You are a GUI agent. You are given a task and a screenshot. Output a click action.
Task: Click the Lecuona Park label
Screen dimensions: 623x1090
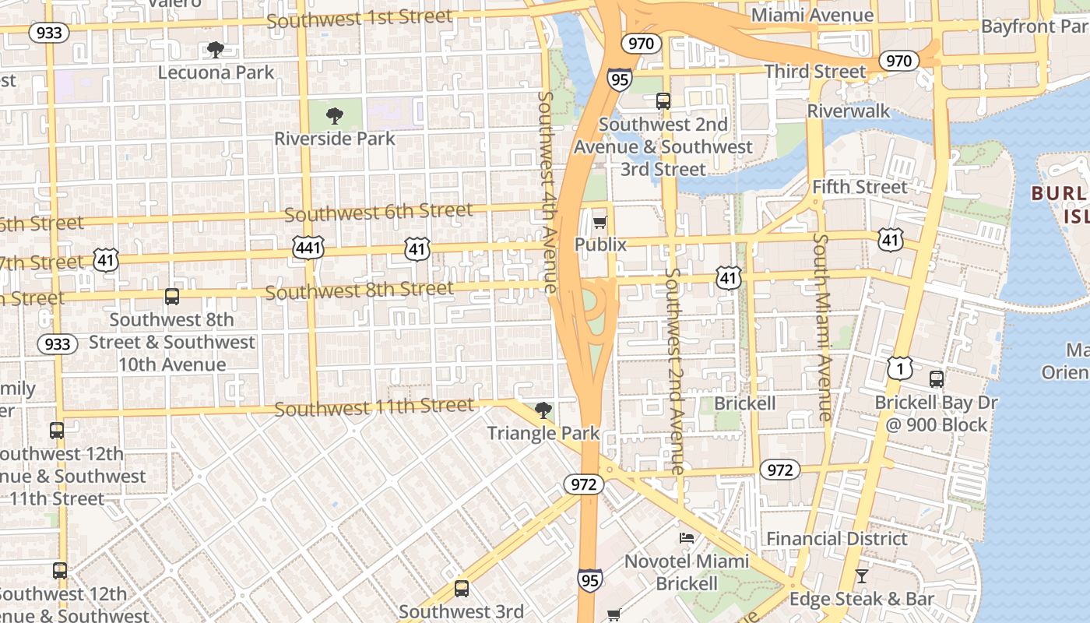[216, 72]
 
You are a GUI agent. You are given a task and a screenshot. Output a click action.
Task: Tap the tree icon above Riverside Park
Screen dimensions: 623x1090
[335, 116]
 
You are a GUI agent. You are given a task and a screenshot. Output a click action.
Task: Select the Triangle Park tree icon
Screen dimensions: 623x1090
[543, 410]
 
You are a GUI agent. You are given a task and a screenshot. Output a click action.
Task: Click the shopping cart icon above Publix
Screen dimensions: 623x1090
[599, 223]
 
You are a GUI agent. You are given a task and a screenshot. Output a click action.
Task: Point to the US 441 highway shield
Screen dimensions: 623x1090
[308, 248]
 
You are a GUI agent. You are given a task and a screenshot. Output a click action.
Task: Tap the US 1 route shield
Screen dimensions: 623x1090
[899, 368]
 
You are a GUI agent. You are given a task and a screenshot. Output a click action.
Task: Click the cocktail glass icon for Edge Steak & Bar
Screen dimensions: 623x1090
[861, 576]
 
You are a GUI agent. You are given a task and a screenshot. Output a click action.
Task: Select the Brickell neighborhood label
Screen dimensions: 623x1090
[745, 403]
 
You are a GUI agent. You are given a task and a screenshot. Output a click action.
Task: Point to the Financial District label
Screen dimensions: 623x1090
[837, 539]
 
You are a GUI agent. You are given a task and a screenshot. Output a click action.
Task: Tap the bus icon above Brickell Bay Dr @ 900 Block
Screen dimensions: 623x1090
[936, 379]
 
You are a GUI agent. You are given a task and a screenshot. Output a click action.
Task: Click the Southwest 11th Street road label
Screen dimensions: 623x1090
[374, 407]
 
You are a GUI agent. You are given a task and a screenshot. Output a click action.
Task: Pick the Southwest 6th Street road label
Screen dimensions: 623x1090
[378, 212]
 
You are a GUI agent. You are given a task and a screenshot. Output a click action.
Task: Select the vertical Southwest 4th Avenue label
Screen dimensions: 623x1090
[547, 192]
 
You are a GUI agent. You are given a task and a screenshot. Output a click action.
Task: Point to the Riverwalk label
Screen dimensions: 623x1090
[848, 111]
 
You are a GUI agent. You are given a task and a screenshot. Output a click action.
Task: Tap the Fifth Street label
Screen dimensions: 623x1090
[860, 187]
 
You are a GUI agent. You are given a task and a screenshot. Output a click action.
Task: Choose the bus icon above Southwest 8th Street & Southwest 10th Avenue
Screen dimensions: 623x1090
[172, 297]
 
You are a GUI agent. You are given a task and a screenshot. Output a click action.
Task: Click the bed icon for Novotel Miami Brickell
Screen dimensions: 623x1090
[686, 537]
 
